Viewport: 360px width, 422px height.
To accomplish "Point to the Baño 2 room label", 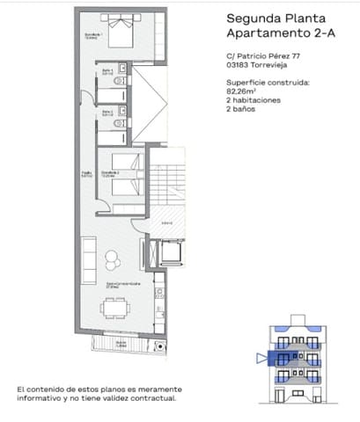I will pyautogui.click(x=107, y=113).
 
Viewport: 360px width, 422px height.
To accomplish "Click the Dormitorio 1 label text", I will pyautogui.click(x=91, y=35).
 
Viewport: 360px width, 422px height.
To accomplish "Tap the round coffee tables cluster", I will pyautogui.click(x=114, y=261).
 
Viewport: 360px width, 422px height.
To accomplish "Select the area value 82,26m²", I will pyautogui.click(x=243, y=88).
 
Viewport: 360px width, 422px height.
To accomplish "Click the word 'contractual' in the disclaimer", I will pyautogui.click(x=153, y=397).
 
